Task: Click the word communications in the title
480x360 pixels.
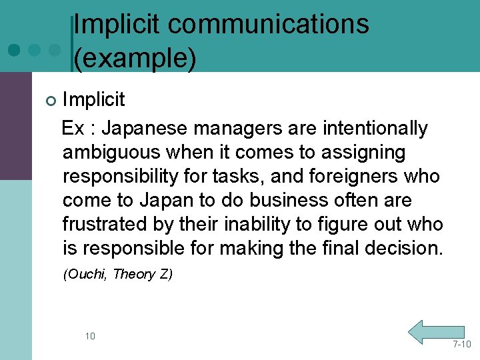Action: click(269, 24)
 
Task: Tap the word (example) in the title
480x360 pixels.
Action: click(135, 58)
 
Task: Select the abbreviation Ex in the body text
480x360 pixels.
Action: click(73, 128)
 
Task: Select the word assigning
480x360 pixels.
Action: click(363, 152)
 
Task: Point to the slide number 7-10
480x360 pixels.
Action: click(461, 344)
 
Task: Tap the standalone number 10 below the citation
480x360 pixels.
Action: click(90, 336)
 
